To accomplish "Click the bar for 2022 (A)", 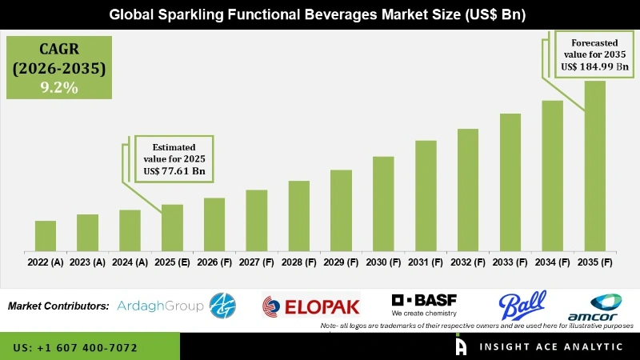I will point(46,235).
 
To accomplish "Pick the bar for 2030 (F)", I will point(383,203).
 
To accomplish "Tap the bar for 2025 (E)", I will point(172,227).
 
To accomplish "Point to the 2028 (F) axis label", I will point(299,262).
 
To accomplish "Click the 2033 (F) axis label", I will point(510,262).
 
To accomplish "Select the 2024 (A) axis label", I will point(130,262).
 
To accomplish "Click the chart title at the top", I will point(320,14).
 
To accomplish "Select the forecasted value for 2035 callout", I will point(593,54).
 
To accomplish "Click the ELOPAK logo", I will point(311,306).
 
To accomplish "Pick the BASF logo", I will point(426,305).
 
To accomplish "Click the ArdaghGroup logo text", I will point(160,306).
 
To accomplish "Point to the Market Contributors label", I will point(58,306).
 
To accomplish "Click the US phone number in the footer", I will point(75,348).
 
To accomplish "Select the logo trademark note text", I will point(477,326).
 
